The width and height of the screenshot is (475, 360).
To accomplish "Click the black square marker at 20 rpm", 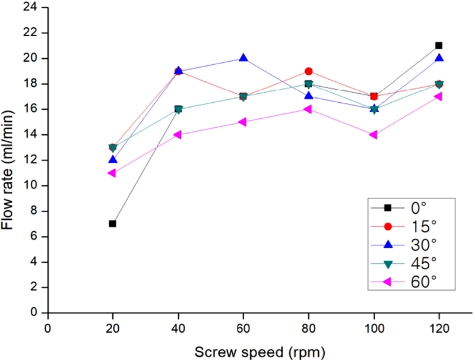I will pyautogui.click(x=112, y=223).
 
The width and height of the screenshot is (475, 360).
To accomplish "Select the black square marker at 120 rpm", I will pyautogui.click(x=439, y=45).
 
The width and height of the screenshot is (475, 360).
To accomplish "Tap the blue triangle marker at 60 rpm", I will pyautogui.click(x=243, y=58).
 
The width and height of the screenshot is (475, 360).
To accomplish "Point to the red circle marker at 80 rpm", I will pyautogui.click(x=308, y=71).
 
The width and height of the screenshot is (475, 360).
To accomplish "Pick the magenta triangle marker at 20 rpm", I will pyautogui.click(x=112, y=173).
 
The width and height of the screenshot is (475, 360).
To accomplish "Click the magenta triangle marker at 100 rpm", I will pyautogui.click(x=373, y=135).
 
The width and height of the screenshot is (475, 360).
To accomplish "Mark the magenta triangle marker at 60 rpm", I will pyautogui.click(x=242, y=122).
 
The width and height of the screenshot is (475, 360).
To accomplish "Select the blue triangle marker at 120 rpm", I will pyautogui.click(x=439, y=58).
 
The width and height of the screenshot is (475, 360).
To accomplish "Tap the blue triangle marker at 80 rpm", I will pyautogui.click(x=308, y=96).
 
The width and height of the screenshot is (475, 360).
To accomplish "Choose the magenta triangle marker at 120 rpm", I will pyautogui.click(x=438, y=96).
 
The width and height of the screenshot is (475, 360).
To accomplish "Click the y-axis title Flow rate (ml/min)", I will pyautogui.click(x=11, y=160).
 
